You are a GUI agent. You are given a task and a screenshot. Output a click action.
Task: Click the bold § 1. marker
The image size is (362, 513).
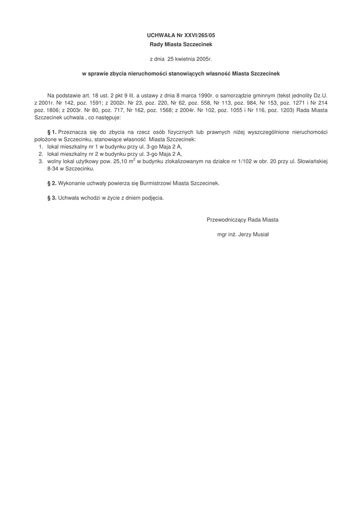[51, 132]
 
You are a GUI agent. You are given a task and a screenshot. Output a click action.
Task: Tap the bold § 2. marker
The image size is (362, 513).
[51, 183]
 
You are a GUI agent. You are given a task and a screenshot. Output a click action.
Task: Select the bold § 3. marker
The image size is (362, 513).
[51, 198]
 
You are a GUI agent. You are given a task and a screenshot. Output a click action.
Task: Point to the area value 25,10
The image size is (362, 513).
[122, 162]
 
